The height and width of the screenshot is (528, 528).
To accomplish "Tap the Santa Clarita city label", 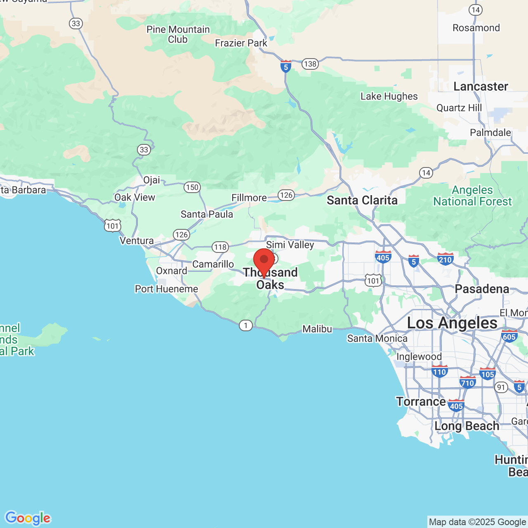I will [x=362, y=200].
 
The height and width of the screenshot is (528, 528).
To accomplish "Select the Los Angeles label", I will [x=452, y=323].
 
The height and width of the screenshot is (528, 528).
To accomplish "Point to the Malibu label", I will [x=317, y=329].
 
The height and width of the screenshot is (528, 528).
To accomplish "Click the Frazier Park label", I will [x=241, y=43].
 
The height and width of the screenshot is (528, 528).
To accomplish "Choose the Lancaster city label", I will [x=481, y=87].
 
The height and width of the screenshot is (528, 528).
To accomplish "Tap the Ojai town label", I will [x=151, y=180].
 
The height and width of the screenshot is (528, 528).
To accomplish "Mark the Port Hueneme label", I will [x=167, y=289].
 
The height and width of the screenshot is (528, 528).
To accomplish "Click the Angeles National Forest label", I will [x=472, y=196].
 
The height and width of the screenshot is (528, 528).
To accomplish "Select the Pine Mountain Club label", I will [x=178, y=34].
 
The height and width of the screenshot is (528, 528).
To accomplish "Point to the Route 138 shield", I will [x=310, y=64].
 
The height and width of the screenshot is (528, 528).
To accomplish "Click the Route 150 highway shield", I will [x=192, y=187].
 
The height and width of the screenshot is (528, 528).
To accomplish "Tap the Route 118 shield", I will [x=220, y=247].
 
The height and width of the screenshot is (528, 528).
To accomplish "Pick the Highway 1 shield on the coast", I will [x=246, y=325].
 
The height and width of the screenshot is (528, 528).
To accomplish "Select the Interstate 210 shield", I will [x=445, y=259].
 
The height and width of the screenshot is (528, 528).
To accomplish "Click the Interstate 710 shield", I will [x=467, y=382].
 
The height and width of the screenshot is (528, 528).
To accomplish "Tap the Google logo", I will [x=28, y=518].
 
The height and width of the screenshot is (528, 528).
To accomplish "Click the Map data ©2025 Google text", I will [x=477, y=522].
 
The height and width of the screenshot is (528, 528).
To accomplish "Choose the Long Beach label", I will [x=467, y=426].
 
